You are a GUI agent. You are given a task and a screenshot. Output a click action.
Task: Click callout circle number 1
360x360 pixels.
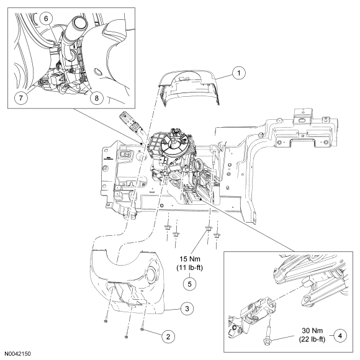coord(239,73)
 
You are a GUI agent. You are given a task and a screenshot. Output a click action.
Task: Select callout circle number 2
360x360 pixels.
coord(168,336)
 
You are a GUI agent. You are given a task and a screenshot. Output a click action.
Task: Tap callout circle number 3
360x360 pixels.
coord(187,308)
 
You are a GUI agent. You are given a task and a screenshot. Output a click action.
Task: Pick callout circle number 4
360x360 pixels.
coord(340,336)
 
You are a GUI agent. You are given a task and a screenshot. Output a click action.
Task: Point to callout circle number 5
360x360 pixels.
coord(190,284)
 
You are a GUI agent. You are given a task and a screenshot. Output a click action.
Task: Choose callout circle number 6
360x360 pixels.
coord(46,19)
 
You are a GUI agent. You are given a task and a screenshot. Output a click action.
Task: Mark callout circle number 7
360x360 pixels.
coord(21,98)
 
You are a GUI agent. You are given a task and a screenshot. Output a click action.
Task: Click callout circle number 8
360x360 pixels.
coord(96,98)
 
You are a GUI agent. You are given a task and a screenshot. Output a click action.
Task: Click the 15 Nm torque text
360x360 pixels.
coord(190,259)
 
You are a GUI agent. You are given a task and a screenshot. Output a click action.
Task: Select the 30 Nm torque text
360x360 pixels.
coord(312,331)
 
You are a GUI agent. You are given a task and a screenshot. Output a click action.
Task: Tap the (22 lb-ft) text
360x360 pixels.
coord(312,340)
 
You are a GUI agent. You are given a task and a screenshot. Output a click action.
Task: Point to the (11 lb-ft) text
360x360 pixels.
coord(190,268)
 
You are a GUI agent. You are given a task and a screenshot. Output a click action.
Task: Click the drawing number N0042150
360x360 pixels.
coord(17,354)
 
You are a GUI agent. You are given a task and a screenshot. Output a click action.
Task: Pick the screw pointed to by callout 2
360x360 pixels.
coord(142,330)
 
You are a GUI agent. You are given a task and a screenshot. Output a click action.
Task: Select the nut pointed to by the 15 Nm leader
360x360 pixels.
coord(208,228)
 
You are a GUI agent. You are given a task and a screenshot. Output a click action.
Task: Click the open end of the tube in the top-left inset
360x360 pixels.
coord(79,23)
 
